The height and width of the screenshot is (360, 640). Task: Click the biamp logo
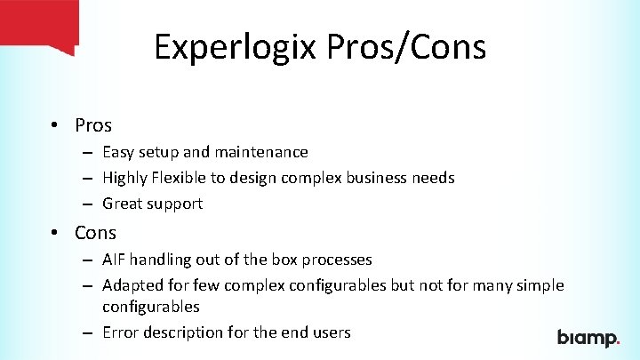(x=588, y=338)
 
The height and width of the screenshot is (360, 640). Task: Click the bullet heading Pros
(x=93, y=125)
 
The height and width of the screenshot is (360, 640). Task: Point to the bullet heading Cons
(x=95, y=233)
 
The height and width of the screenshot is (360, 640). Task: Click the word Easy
(x=118, y=153)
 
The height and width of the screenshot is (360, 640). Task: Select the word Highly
(x=124, y=178)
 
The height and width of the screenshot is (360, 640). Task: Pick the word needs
(x=433, y=178)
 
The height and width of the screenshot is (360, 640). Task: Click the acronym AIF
(x=113, y=260)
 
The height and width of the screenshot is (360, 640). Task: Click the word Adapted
(x=130, y=285)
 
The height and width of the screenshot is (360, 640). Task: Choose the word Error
(x=120, y=332)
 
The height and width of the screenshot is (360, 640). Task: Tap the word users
(x=331, y=332)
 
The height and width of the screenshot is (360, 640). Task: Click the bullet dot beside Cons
(x=55, y=233)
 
